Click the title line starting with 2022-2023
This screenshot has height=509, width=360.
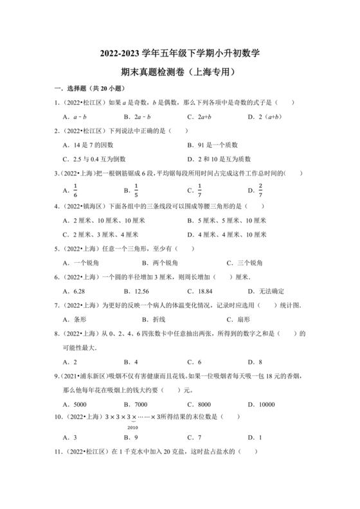coord(179,52)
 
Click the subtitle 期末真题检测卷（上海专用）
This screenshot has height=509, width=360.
coord(179,72)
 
